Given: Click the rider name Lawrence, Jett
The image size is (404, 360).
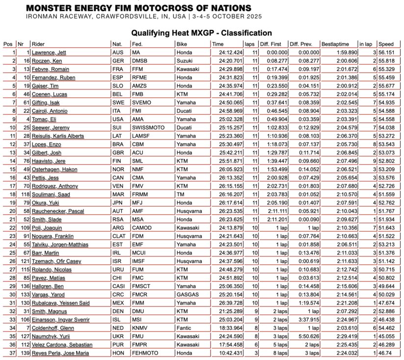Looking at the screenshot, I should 50,52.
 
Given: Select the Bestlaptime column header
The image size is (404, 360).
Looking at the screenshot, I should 335,44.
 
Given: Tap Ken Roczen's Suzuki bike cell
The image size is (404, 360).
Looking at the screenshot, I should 183,61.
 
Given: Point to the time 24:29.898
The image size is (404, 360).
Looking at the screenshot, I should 227,69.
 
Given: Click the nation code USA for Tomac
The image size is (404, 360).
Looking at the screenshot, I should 118,119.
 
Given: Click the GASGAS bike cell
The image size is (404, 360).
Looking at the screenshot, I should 186,294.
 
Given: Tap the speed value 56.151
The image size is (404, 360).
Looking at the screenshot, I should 386,52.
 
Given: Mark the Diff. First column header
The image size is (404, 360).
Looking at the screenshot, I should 271,44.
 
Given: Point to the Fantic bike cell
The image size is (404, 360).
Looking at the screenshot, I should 183,327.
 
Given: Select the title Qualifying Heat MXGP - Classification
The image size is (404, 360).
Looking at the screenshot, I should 201,33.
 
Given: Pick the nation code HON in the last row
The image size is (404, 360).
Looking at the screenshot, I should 118,352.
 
